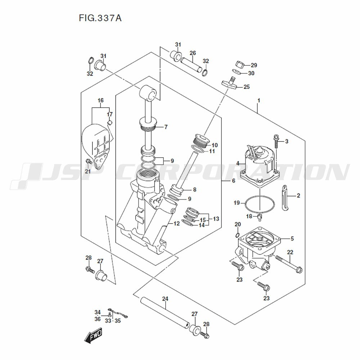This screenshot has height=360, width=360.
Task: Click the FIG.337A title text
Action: tap(100, 18)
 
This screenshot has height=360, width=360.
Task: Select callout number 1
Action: tap(258, 100)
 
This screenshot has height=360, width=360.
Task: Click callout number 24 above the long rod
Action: tap(165, 298)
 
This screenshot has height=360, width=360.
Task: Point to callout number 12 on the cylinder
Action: tap(176, 224)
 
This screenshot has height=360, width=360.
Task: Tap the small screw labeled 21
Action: tap(88, 160)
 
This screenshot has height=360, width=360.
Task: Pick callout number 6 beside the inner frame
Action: tap(233, 181)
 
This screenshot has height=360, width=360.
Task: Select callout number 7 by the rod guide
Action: tap(166, 127)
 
